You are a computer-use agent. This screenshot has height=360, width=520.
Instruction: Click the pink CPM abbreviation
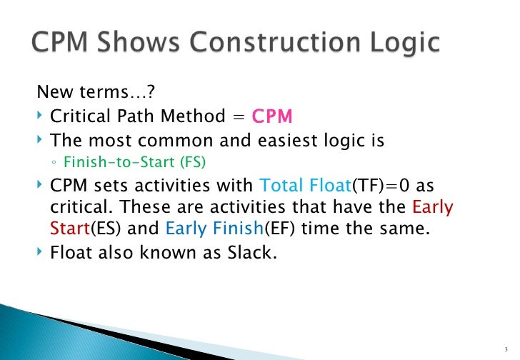(x=272, y=116)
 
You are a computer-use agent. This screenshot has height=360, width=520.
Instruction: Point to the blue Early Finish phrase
(x=206, y=229)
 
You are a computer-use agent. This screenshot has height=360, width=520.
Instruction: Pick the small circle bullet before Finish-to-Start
(x=54, y=162)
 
